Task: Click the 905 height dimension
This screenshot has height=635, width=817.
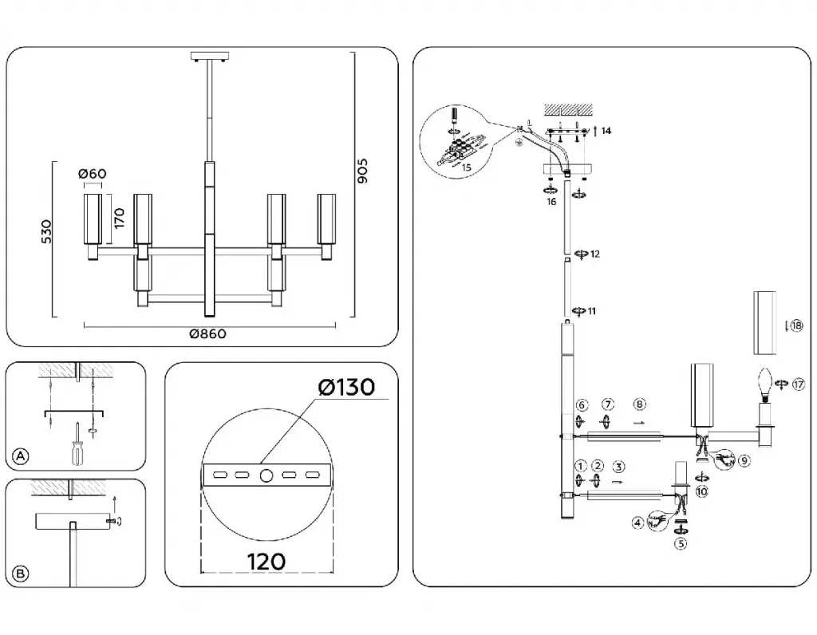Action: pos(363,172)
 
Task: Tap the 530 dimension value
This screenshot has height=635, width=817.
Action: pos(47,231)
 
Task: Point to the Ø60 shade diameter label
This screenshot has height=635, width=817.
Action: pos(93,174)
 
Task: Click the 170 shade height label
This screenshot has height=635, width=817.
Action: pos(119,216)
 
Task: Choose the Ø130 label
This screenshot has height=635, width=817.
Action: pos(345,388)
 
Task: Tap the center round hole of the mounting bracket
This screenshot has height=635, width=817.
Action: pos(266,475)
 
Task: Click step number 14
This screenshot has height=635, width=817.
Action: pos(606,131)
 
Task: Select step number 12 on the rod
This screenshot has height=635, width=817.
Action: pos(594,254)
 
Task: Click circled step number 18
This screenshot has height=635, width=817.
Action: pos(795,325)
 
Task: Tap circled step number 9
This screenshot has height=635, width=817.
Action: pos(744,460)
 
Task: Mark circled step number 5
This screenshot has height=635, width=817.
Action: pos(681,544)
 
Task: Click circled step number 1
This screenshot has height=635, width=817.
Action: pos(580,466)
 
